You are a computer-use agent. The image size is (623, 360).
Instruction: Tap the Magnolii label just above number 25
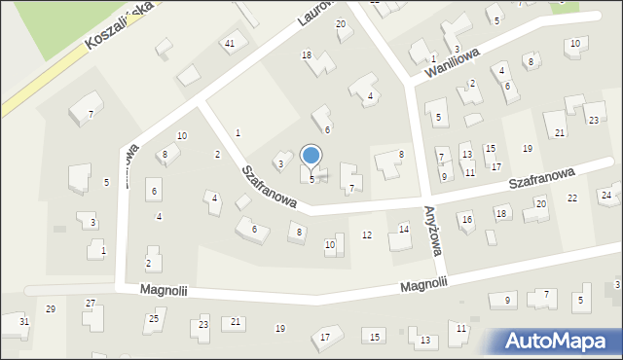pyautogui.click(x=161, y=289)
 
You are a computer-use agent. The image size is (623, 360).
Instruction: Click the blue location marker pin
pyautogui.click(x=311, y=157)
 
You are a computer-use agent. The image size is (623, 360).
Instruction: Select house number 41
pyautogui.click(x=230, y=44)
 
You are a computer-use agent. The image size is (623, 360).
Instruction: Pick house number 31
pyautogui.click(x=24, y=322)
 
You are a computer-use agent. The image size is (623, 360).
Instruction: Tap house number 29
pyautogui.click(x=51, y=308)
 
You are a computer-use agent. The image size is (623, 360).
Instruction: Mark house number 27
pyautogui.click(x=91, y=304)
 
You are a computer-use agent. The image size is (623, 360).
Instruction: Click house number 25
pyautogui.click(x=154, y=319)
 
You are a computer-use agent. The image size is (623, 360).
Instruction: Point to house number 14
pyautogui.click(x=404, y=229)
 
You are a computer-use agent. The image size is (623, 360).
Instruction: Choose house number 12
pyautogui.click(x=367, y=234)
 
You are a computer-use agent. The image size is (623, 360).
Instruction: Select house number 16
pyautogui.click(x=467, y=220)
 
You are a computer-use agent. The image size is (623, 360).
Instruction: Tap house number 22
pyautogui.click(x=572, y=198)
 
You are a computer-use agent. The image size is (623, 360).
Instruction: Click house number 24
pyautogui.click(x=605, y=196)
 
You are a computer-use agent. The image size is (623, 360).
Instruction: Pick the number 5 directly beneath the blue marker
pyautogui.click(x=311, y=179)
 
